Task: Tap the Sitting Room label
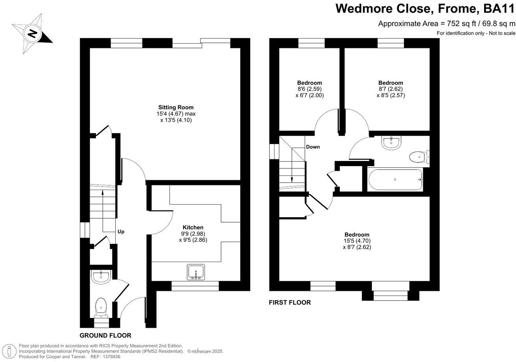[176, 107]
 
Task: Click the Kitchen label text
[193, 227]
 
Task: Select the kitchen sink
[196, 272]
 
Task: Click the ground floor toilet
[101, 307]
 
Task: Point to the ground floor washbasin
[101, 277]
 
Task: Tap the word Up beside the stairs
[121, 232]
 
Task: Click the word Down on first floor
[313, 147]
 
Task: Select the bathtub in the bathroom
[395, 180]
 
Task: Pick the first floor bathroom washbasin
[391, 142]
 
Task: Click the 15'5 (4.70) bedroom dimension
[357, 241]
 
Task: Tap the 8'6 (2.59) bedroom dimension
[310, 89]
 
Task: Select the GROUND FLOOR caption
[105, 336]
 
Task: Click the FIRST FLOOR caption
[290, 303]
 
